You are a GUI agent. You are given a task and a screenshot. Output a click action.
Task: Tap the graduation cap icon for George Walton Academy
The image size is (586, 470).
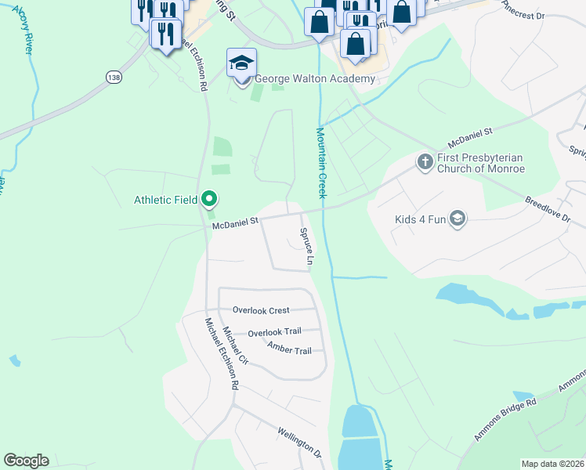point(242,62)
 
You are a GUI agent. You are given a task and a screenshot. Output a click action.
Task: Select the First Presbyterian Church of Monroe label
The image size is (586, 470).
point(480,163)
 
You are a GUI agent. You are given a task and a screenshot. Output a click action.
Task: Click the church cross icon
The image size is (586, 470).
point(425,162)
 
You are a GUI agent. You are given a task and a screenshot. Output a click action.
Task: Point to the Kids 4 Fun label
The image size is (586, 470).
point(420,219)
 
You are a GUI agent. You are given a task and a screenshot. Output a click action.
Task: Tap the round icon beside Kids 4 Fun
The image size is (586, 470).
point(458,219)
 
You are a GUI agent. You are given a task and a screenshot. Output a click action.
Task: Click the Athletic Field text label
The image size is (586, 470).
point(165,200)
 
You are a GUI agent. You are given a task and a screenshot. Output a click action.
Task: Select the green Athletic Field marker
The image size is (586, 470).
point(209,200)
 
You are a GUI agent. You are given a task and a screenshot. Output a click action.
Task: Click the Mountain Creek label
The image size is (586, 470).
point(320,163)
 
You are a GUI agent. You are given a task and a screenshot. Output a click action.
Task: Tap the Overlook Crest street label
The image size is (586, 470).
point(261,310)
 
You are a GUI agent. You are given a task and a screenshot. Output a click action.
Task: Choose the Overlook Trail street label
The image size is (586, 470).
point(274,333)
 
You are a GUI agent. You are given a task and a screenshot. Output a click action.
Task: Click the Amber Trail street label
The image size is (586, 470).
point(289,349)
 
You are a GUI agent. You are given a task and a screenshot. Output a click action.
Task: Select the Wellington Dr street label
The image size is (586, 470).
point(299,442)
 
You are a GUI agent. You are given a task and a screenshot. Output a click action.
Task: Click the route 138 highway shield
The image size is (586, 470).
point(114,77)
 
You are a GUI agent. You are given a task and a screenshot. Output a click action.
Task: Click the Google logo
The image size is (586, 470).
point(26,461)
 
